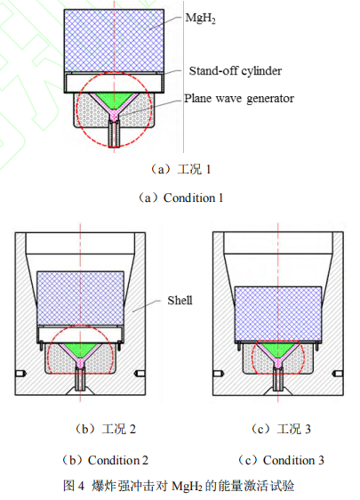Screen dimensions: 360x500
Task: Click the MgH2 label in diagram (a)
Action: [x=200, y=18]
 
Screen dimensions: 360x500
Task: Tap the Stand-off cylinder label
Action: [x=236, y=71]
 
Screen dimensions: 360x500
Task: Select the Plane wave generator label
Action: [x=239, y=99]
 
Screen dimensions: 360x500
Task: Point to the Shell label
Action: [x=180, y=301]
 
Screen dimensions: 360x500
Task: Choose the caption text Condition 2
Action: [x=118, y=460]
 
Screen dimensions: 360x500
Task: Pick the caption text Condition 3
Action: [x=293, y=460]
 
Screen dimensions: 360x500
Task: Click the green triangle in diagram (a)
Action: [x=114, y=100]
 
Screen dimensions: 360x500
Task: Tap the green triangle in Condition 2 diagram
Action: [x=80, y=349]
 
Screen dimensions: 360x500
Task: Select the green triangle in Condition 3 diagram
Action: [x=278, y=348]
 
